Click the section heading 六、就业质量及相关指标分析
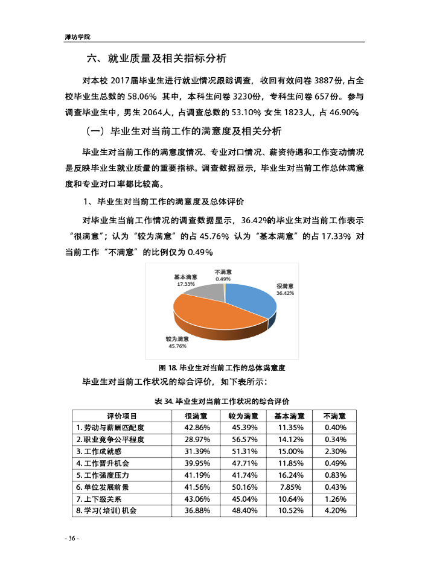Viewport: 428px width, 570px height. pyautogui.click(x=156, y=59)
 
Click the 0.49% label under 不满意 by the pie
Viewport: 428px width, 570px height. pyautogui.click(x=223, y=279)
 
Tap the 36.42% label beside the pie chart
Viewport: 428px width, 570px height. pyautogui.click(x=285, y=293)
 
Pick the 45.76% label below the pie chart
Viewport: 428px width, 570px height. pyautogui.click(x=177, y=346)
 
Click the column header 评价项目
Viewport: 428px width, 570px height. pyautogui.click(x=122, y=416)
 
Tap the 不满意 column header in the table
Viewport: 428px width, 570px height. pyautogui.click(x=334, y=416)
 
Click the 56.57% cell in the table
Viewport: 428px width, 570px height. pyautogui.click(x=243, y=439)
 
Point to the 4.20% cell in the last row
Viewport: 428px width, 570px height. pyautogui.click(x=334, y=510)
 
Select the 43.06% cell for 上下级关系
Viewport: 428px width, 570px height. pyautogui.click(x=197, y=499)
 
